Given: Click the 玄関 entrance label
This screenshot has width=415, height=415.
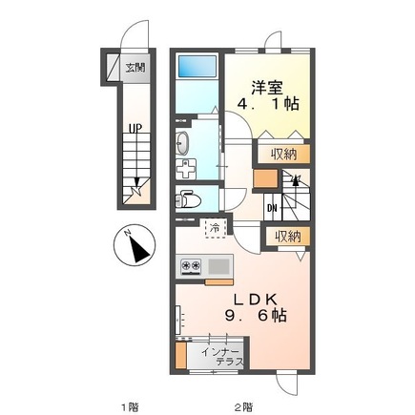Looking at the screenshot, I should click(135, 68).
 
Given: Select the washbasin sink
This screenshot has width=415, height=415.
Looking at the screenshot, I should click(184, 143).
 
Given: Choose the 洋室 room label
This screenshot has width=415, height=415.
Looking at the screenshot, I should click(266, 85).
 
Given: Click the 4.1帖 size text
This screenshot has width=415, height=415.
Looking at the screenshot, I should click(268, 106).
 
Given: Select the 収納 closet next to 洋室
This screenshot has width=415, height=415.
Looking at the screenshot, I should click(281, 154).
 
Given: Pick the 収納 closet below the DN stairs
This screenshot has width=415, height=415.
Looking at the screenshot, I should click(287, 237).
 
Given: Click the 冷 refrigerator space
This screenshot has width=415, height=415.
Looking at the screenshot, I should click(216, 228).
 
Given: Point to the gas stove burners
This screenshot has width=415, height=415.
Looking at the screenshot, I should click(190, 265).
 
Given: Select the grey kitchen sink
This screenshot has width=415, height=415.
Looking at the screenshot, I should click(218, 265).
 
